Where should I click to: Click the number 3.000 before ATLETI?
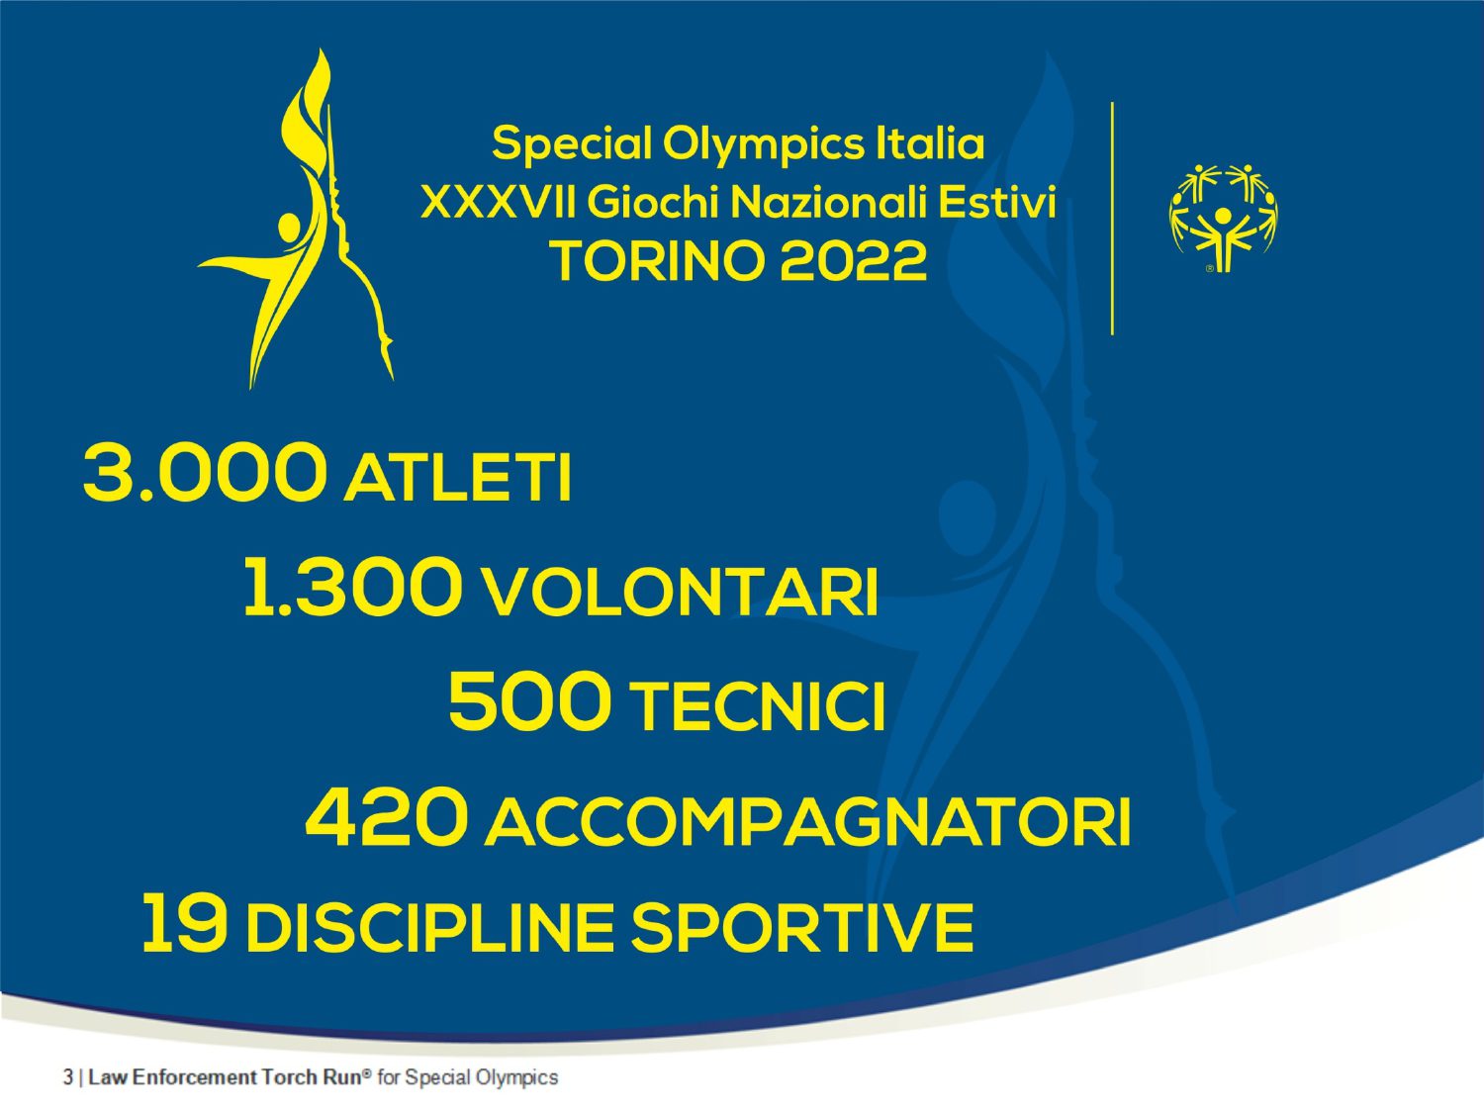point(204,472)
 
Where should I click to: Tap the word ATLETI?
point(458,478)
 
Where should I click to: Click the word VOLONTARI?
point(681,593)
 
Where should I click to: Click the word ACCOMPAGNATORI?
point(807,822)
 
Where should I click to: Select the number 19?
point(184,922)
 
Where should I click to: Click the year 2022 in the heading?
point(853,261)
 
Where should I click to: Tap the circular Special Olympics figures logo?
point(1223,218)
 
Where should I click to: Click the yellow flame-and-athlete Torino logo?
point(298,218)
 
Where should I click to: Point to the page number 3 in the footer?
point(67,1076)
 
